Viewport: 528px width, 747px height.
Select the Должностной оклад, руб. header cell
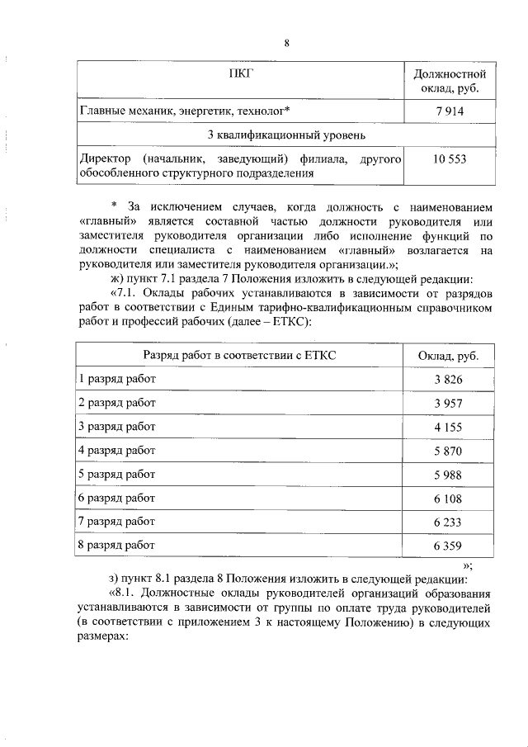(450, 81)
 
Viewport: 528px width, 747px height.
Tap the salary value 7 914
(450, 110)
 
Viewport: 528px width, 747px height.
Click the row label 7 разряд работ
(116, 522)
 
